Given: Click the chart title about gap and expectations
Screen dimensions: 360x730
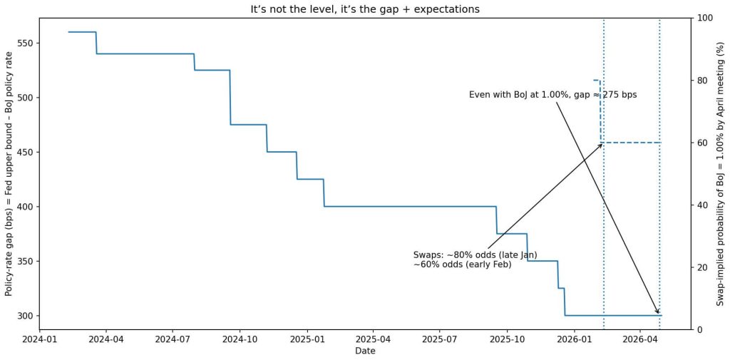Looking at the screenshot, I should [365, 9].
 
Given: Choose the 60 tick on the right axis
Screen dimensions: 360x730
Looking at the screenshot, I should [701, 143].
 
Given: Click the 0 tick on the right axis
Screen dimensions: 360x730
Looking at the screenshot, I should [699, 329].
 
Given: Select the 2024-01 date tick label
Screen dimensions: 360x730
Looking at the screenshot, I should [40, 340].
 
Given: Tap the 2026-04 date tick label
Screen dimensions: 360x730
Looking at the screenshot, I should [640, 340].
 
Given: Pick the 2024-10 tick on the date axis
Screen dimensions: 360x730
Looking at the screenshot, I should [240, 340].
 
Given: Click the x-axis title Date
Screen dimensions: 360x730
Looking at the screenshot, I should [365, 351].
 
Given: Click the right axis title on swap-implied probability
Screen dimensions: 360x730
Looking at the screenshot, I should [720, 173].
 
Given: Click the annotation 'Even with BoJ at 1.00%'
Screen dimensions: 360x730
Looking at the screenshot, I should [552, 95].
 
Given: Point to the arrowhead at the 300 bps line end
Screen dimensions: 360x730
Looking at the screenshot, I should [657, 312].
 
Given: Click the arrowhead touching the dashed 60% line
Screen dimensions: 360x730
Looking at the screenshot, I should [601, 145].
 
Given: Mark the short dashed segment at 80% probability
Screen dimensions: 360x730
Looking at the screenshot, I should [597, 81].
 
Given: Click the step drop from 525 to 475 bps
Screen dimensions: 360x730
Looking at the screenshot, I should [230, 98].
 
